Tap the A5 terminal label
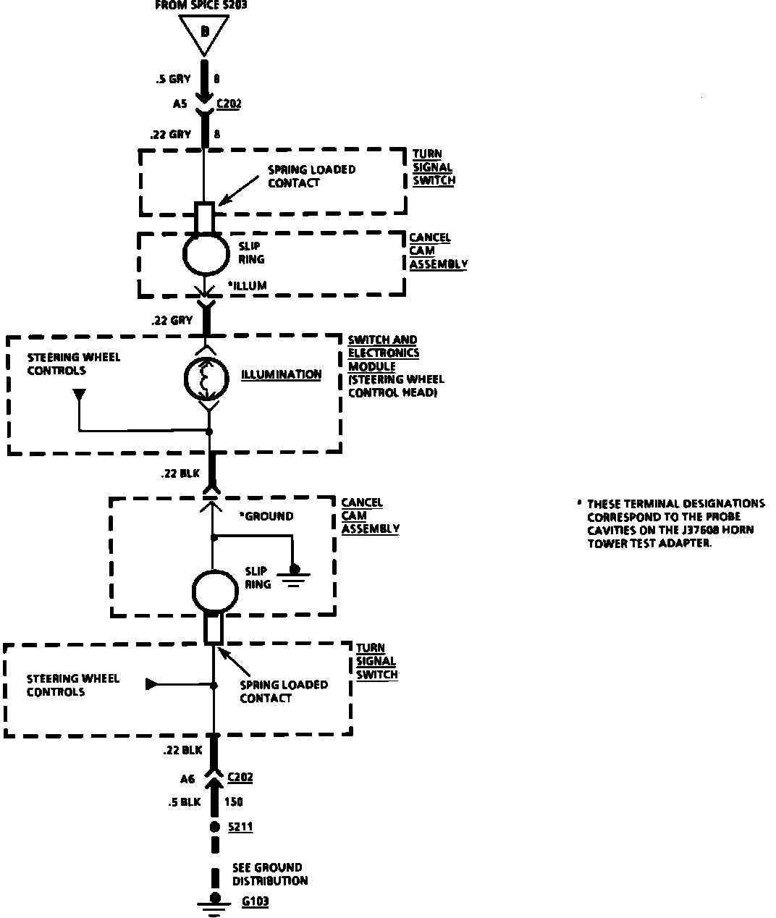click(180, 104)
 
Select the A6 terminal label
click(187, 778)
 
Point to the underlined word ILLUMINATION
click(281, 374)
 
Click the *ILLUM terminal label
click(247, 285)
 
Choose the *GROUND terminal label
click(266, 516)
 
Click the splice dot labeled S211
click(214, 827)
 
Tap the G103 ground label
click(255, 902)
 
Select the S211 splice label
click(240, 826)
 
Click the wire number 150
click(234, 801)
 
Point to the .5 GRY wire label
click(173, 80)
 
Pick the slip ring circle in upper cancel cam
click(206, 252)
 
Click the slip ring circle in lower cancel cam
click(216, 590)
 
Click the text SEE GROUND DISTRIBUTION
click(270, 874)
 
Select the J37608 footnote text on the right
click(675, 523)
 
